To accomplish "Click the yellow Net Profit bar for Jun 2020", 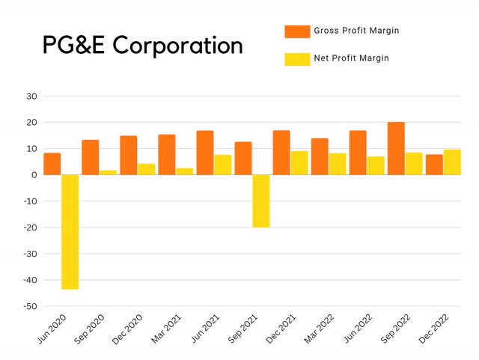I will [x=70, y=231].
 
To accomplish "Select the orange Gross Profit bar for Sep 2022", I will [x=395, y=148].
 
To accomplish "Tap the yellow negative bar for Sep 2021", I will [x=261, y=201].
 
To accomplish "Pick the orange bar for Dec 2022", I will [x=434, y=165].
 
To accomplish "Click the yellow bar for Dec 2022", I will [x=452, y=162].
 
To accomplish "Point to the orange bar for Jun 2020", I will [x=52, y=164].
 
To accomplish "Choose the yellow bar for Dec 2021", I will [x=299, y=162].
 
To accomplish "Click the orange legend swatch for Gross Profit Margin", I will [x=297, y=31].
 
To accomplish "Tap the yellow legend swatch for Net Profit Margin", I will [x=297, y=58].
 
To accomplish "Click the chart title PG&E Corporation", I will [x=142, y=46].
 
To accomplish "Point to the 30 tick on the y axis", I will [x=31, y=96].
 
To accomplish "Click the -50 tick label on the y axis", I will [x=29, y=306].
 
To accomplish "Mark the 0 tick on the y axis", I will [x=34, y=174].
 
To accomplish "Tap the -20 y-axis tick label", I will [x=29, y=228].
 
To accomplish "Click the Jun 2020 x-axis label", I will [x=51, y=328].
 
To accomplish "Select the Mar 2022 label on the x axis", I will [x=318, y=328].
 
